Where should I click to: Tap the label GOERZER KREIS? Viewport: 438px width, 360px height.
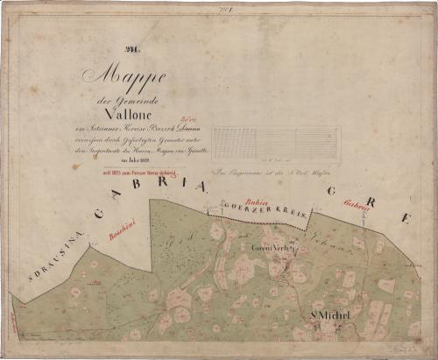[263, 208]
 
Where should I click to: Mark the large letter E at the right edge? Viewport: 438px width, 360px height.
[404, 218]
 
